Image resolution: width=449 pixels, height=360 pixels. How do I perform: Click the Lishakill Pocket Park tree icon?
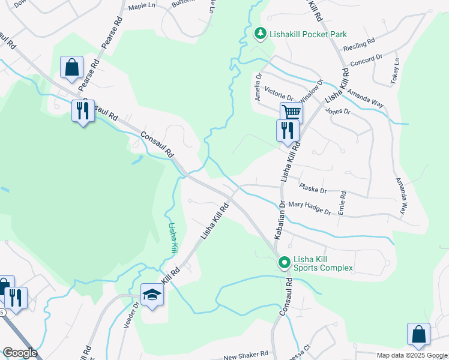260,34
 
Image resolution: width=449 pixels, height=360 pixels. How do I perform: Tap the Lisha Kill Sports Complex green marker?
284,263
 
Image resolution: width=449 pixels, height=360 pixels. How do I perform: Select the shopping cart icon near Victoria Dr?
291,112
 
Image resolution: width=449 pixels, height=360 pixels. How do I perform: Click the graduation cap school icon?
152,295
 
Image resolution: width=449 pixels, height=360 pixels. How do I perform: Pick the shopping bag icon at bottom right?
418,334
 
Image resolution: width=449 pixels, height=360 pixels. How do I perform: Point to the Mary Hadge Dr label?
310,208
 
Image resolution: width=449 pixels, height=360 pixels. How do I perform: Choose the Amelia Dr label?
259,86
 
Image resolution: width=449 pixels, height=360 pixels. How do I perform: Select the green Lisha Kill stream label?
173,237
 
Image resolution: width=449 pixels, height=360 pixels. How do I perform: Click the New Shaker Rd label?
246,356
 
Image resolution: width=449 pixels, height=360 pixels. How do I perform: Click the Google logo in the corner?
20,353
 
